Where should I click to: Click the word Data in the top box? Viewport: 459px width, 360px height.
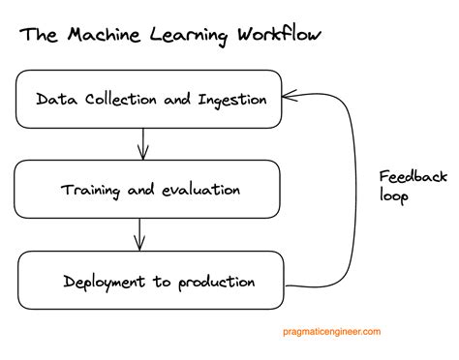(x=54, y=98)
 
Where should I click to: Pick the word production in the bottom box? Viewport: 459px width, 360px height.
(x=217, y=283)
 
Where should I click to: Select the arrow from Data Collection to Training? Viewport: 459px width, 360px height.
(x=142, y=144)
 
